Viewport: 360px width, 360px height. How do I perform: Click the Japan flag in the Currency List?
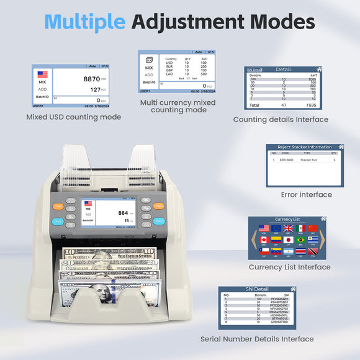click(288, 240)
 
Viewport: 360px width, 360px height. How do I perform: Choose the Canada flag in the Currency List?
click(264, 240)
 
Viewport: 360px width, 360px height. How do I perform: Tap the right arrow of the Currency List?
click(323, 240)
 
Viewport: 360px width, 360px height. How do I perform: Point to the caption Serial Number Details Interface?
click(256, 339)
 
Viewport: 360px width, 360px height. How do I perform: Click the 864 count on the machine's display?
click(123, 213)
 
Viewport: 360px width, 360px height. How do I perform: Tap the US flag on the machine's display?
click(88, 203)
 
